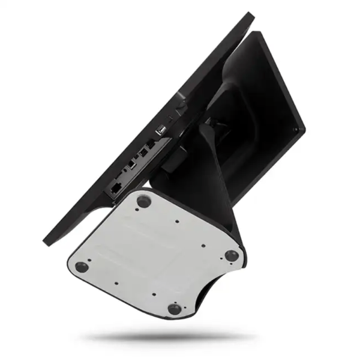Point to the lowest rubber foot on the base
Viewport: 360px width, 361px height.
click(x=174, y=309)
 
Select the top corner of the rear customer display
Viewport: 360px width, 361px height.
click(x=262, y=32)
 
